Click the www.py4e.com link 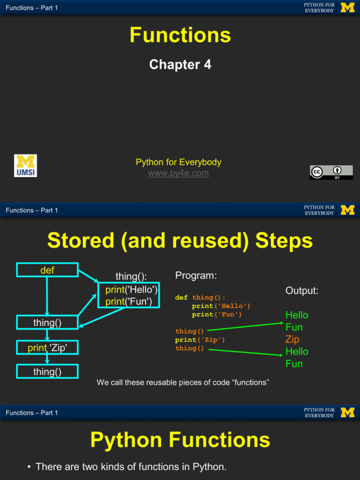(178, 173)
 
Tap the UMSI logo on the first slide (25, 166)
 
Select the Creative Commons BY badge (331, 172)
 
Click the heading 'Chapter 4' (180, 65)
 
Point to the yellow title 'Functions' (180, 35)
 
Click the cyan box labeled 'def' (47, 270)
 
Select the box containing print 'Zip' (47, 347)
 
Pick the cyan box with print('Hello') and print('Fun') (128, 295)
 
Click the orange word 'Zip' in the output (292, 339)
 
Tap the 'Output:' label (302, 291)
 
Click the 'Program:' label (196, 276)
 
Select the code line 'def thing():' (200, 298)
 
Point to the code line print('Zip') (200, 340)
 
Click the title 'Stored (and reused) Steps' (180, 241)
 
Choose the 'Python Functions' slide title (180, 440)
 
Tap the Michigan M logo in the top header (347, 7)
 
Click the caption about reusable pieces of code (183, 382)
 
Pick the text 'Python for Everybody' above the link (178, 162)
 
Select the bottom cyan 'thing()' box (47, 372)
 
